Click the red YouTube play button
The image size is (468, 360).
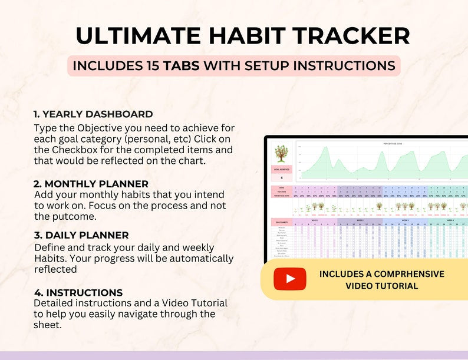pos(290,279)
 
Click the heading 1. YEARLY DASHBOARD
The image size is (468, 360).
pos(93,114)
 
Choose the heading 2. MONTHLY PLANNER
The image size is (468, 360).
pos(91,184)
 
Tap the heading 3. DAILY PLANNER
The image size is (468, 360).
pos(81,235)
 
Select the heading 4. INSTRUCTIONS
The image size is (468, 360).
pos(78,292)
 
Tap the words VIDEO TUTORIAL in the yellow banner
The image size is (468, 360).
pos(381,286)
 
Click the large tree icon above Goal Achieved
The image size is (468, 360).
pos(281,154)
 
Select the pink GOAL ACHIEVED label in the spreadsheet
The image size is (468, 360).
pos(281,169)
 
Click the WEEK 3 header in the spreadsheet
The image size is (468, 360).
pos(405,219)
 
